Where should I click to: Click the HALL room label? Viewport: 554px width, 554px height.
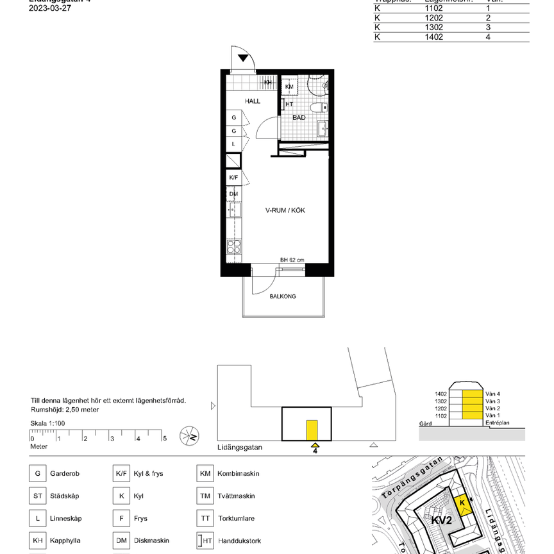252,101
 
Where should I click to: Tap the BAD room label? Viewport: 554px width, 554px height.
299,118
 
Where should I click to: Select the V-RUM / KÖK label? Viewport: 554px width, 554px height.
285,210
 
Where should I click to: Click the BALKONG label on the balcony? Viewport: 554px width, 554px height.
283,296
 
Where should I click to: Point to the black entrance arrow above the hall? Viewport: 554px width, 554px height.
244,58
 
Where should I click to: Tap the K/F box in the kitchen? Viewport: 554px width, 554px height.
233,178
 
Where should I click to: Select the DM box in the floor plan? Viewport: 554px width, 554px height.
233,194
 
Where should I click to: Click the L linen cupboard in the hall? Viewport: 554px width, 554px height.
233,144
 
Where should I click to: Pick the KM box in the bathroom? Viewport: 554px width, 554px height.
289,87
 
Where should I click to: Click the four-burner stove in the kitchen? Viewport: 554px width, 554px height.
234,247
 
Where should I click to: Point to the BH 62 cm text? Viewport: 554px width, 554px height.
292,260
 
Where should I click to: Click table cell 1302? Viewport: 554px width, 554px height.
433,28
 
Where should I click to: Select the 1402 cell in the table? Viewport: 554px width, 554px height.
433,37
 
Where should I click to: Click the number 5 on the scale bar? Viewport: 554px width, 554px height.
165,439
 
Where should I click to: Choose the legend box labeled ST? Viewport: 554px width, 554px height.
38,496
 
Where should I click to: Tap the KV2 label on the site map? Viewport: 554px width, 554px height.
441,520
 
